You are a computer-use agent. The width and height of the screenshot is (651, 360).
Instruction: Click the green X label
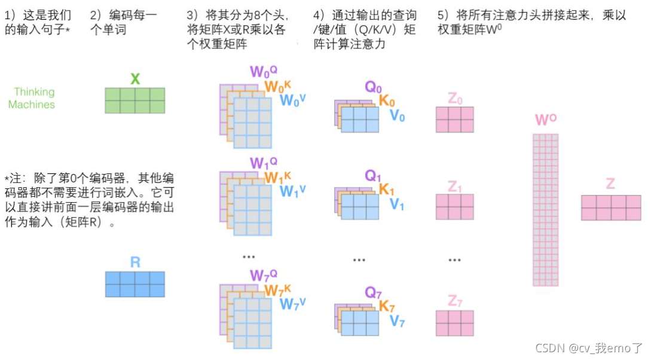(135, 79)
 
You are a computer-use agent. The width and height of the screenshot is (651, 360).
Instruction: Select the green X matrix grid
(135, 100)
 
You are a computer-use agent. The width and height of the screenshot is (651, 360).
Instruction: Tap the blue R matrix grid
(135, 284)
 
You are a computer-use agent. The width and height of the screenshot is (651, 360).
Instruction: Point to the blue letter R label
(135, 262)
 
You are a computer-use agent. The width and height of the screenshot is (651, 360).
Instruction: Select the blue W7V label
(293, 304)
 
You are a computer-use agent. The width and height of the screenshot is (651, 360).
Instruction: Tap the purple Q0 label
(374, 87)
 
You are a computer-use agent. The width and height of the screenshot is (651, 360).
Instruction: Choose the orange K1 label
(387, 190)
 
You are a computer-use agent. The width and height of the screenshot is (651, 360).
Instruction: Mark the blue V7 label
(398, 322)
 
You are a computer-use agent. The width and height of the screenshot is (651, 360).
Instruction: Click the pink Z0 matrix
(454, 119)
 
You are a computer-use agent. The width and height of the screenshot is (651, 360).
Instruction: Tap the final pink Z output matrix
(610, 207)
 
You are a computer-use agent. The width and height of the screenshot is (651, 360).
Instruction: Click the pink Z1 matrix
(454, 207)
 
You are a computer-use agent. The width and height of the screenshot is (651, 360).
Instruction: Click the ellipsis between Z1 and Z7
(454, 260)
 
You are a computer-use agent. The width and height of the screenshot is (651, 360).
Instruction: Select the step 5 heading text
(531, 22)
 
